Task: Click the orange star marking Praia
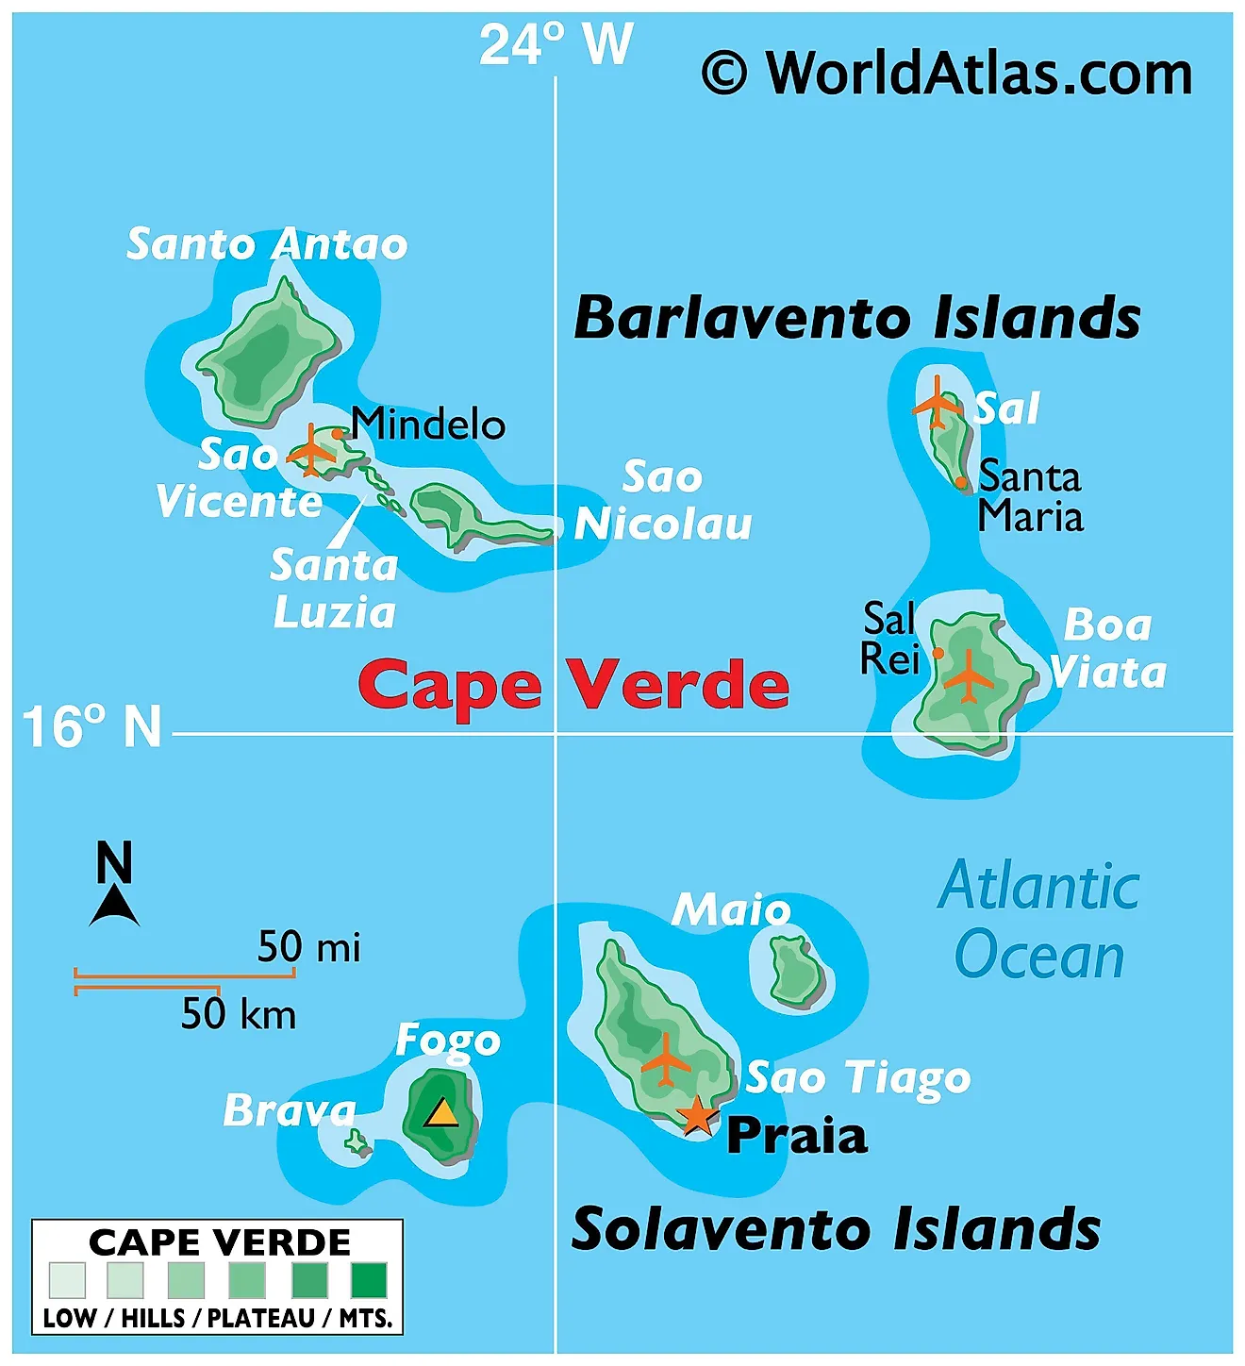[697, 1115]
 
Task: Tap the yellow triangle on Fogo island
[440, 1113]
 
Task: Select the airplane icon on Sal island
[937, 403]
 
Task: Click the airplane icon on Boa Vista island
[969, 676]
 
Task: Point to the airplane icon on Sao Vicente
[311, 452]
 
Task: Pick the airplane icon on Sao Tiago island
[666, 1060]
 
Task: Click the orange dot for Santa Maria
[961, 482]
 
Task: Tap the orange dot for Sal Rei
[938, 653]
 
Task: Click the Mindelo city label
[428, 425]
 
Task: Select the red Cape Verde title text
[573, 685]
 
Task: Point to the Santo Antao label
[267, 244]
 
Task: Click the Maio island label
[731, 909]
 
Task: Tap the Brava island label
[290, 1110]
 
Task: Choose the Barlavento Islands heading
[857, 318]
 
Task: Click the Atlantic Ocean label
[1039, 921]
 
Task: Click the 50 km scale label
[239, 1014]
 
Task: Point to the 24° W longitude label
[556, 44]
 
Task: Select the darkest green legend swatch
[369, 1280]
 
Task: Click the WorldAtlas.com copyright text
[947, 74]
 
